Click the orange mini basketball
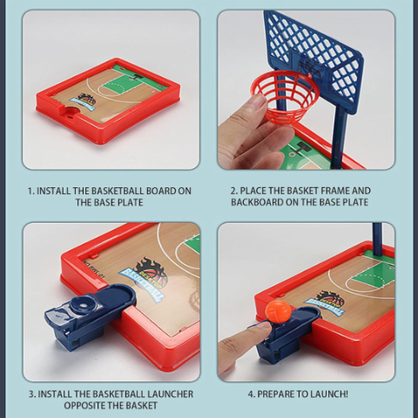click(279, 312)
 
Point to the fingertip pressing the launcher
click(259, 327)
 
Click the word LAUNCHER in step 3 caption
click(169, 394)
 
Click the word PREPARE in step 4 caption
click(275, 394)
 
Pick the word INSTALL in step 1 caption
click(54, 191)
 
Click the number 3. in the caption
click(32, 394)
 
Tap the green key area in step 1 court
click(130, 81)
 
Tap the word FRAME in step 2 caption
click(335, 191)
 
